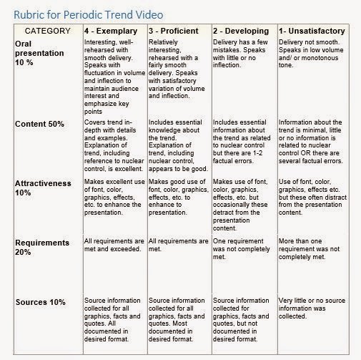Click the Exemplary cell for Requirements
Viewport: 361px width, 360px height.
(111, 248)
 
